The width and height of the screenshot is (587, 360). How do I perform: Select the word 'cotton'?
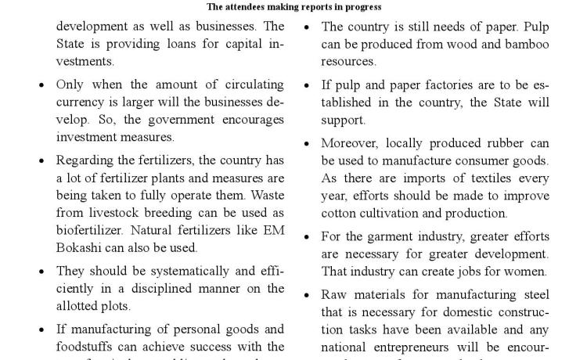[x=338, y=213]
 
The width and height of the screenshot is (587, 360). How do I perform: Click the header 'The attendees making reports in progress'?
[x=293, y=7]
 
